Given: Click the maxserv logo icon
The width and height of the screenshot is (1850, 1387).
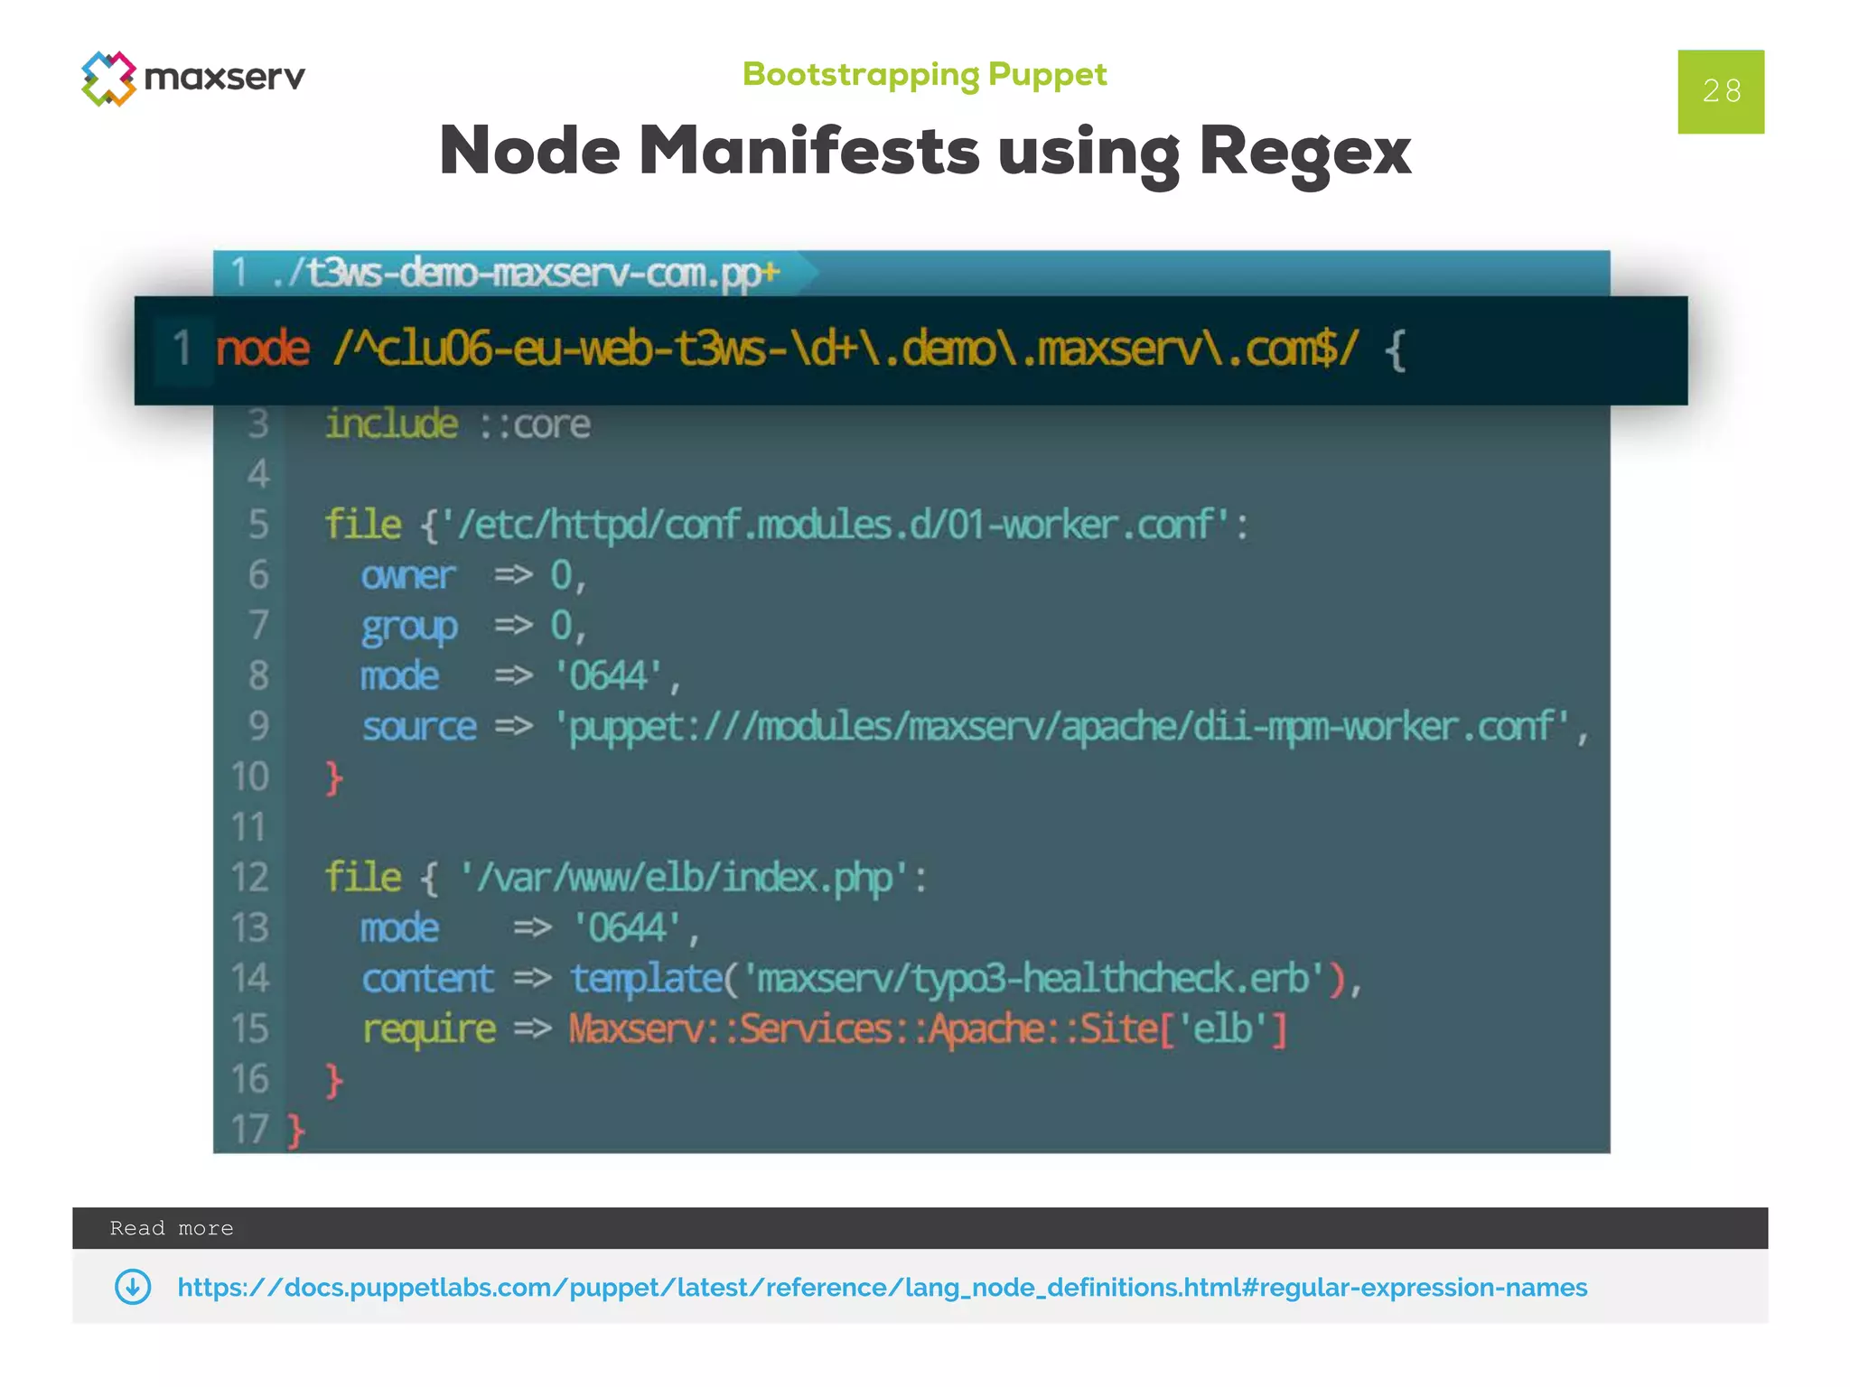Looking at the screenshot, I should (x=108, y=79).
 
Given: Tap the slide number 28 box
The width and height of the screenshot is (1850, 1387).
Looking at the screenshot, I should (x=1720, y=91).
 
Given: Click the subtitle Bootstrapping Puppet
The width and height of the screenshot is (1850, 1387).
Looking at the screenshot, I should (x=924, y=74).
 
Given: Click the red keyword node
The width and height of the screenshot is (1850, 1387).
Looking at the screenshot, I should (x=262, y=349).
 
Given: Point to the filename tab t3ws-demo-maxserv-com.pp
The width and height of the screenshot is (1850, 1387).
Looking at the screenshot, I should (x=524, y=273).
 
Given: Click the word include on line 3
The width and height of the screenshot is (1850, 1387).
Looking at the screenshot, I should (x=391, y=424).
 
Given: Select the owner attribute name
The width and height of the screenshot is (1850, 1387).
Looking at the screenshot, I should (x=408, y=575).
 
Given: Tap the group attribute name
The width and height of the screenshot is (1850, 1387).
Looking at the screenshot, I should (x=409, y=627).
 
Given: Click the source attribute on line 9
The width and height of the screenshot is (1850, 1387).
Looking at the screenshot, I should (x=419, y=727).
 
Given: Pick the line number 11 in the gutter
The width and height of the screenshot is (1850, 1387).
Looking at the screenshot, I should (x=248, y=827).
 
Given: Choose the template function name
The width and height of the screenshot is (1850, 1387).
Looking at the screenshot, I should (x=646, y=979).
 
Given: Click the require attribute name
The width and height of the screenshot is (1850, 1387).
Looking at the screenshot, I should (x=429, y=1029).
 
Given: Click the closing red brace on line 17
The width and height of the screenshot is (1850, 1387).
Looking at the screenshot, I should (x=296, y=1131).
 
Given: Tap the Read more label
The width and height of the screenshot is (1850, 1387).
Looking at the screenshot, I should (x=172, y=1228).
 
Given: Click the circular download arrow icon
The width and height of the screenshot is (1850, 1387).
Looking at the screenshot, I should (x=133, y=1287).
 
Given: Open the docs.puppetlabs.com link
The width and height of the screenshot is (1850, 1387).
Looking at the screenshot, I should (x=882, y=1288).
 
